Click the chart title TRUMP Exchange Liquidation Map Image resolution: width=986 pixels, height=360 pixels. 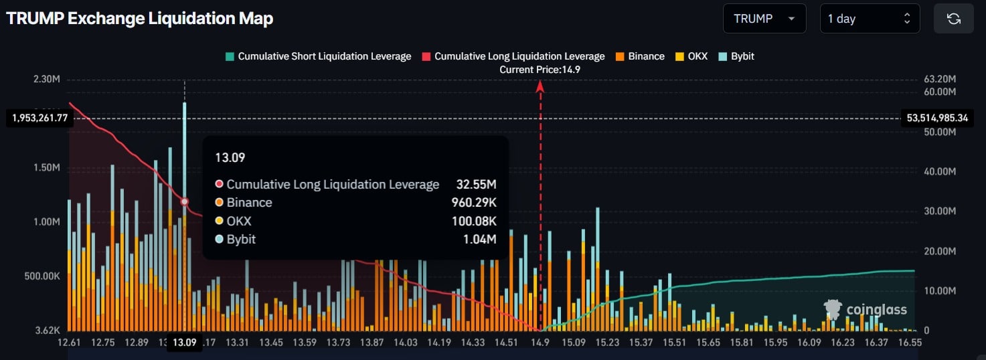140,19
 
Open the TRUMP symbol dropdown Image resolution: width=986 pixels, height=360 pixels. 764,19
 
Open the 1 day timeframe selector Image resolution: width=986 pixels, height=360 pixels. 869,19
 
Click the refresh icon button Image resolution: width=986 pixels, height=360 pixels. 953,19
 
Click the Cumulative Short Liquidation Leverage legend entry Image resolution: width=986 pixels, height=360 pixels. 318,56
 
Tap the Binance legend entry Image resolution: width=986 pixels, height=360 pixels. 640,56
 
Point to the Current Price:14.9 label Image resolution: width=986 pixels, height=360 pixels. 540,70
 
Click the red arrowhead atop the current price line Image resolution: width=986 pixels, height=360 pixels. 540,85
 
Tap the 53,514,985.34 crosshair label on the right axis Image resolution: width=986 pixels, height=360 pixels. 945,118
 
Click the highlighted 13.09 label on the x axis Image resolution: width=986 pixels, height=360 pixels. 185,343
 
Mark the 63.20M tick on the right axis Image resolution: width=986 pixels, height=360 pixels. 940,79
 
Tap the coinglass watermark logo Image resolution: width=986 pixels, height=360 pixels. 866,309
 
